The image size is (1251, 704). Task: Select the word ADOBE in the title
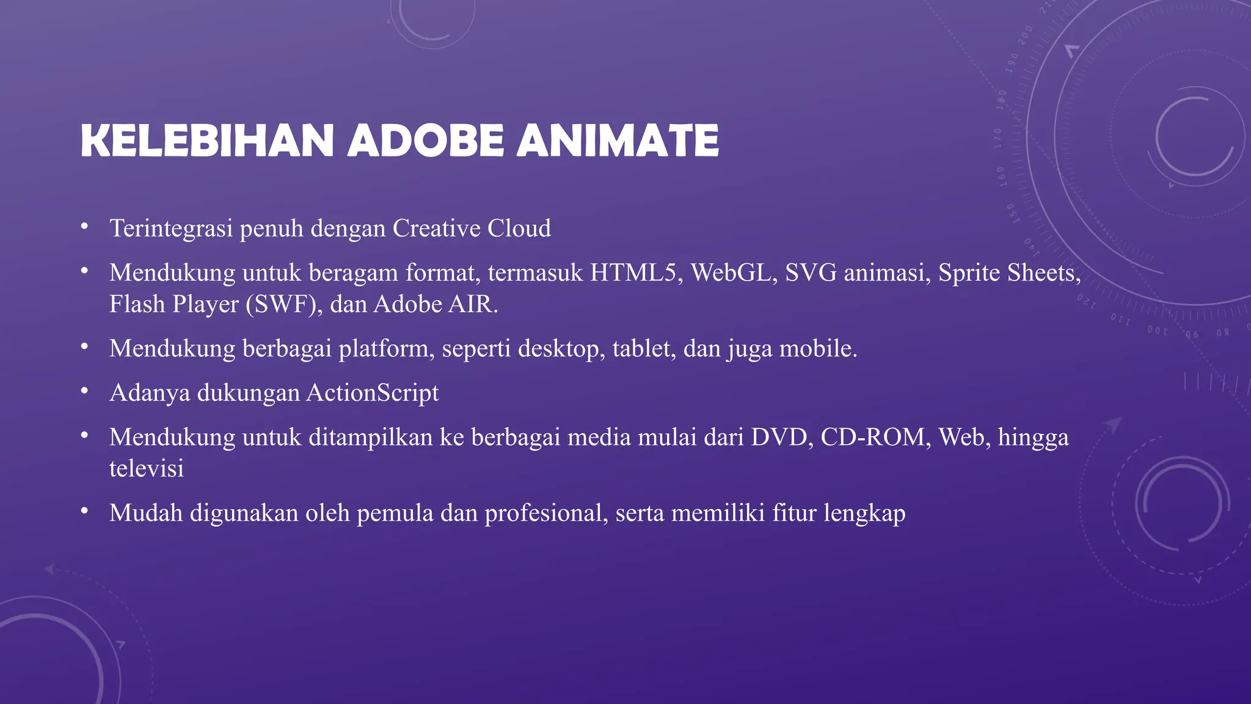[426, 141]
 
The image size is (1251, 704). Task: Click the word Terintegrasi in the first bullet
[171, 229]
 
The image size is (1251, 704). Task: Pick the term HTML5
[636, 273]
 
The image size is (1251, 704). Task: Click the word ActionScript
[373, 393]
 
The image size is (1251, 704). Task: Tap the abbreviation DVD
[782, 438]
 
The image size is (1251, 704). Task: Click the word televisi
[147, 469]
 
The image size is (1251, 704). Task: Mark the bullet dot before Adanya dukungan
[84, 392]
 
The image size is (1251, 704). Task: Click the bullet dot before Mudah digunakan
[84, 512]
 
